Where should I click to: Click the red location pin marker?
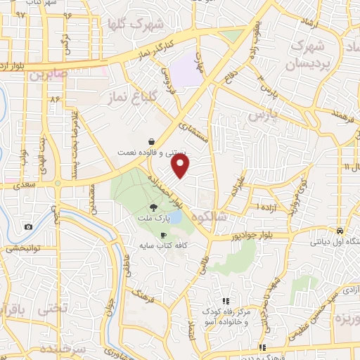click(181, 166)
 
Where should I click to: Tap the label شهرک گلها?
click(135, 24)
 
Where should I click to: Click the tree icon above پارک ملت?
click(153, 207)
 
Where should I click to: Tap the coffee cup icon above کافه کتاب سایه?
click(163, 236)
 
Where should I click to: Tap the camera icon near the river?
click(28, 226)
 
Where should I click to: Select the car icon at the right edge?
click(340, 231)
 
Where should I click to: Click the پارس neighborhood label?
click(260, 113)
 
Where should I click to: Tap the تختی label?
click(53, 307)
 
